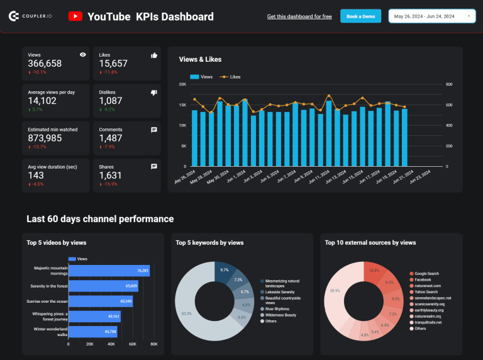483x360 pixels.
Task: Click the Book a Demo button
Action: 360,16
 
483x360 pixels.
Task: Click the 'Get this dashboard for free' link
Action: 299,16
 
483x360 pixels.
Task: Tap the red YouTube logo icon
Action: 75,16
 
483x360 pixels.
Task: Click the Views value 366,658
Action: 45,64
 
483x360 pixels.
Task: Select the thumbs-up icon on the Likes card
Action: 154,55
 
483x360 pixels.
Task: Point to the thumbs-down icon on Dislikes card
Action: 154,93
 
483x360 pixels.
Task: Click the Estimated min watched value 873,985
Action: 45,138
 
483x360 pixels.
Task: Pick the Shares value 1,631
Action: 111,176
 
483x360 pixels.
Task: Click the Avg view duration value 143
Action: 36,176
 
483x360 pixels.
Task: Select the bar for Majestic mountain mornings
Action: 109,271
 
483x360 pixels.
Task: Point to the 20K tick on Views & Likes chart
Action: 182,84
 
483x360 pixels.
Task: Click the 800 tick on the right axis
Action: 449,84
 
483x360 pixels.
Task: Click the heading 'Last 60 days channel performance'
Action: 100,219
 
